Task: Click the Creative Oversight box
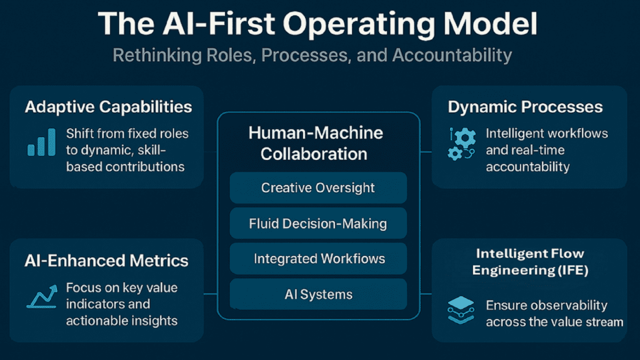(x=318, y=188)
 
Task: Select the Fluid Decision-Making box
(x=318, y=223)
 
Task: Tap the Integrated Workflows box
(x=318, y=259)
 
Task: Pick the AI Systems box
(x=318, y=294)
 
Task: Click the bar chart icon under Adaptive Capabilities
(x=42, y=142)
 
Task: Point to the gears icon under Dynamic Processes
(x=461, y=143)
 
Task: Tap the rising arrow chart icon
(x=42, y=297)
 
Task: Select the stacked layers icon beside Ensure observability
(x=461, y=310)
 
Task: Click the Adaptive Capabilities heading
(x=108, y=107)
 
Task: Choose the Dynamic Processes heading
(x=525, y=107)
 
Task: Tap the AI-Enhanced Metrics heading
(x=106, y=261)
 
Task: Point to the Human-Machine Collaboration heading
(x=315, y=143)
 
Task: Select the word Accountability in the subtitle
(x=452, y=55)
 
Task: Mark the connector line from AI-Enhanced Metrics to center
(x=211, y=294)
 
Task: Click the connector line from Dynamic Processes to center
(x=426, y=152)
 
